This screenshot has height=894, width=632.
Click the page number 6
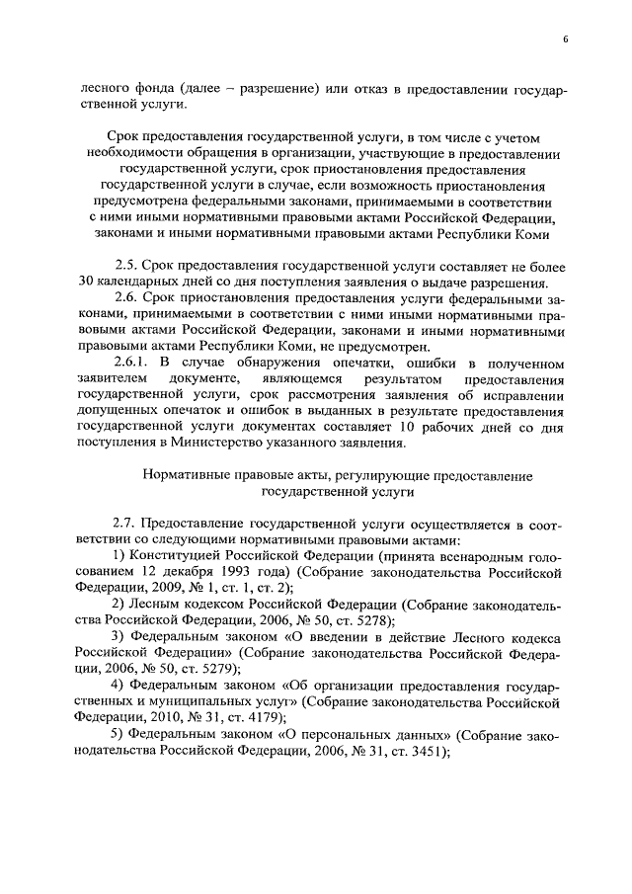[x=564, y=39]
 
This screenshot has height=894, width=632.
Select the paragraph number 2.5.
[x=125, y=266]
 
